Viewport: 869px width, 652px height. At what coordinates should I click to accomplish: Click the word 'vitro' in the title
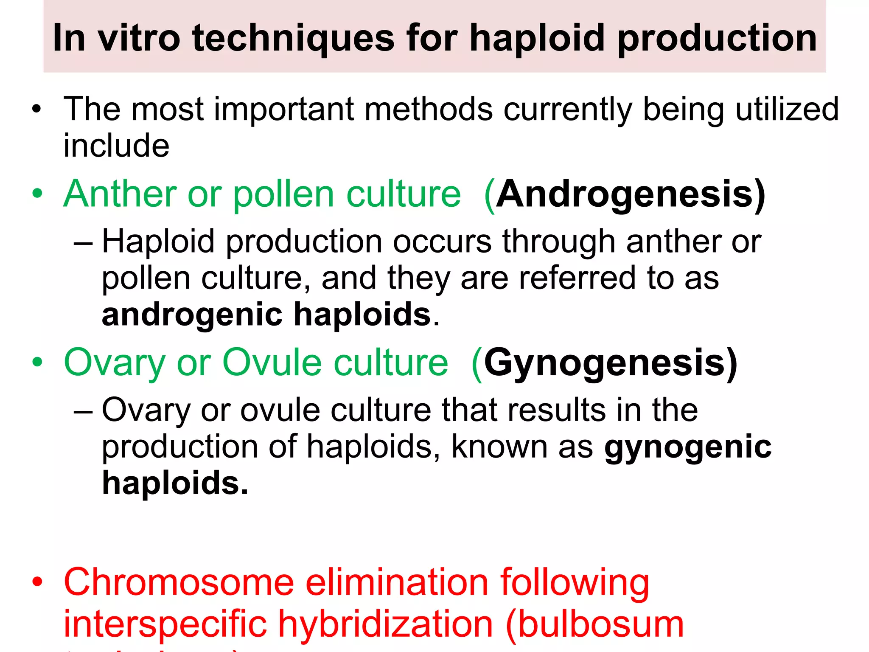point(139,38)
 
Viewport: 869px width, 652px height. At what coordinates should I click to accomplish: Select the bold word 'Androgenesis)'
point(631,194)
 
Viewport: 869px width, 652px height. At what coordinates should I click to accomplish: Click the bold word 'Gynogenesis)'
point(611,363)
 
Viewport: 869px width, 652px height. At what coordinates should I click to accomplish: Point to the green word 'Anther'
point(120,194)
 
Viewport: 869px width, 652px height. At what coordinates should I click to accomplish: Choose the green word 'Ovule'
point(272,363)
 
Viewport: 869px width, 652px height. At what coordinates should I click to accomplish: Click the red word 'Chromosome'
point(179,582)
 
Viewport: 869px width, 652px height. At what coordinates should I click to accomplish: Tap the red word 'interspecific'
point(165,624)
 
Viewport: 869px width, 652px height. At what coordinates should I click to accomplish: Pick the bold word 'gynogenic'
point(688,447)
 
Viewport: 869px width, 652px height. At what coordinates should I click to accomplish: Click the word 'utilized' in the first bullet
point(787,110)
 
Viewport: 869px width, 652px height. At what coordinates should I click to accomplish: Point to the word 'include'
point(116,146)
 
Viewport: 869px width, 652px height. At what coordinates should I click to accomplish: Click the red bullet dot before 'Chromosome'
point(37,582)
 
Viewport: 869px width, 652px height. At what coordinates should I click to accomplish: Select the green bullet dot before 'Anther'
point(37,194)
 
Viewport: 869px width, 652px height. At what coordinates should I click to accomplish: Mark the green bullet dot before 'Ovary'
point(37,363)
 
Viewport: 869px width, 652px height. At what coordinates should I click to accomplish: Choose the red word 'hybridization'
point(386,624)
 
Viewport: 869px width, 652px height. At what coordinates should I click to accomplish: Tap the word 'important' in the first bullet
point(284,110)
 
